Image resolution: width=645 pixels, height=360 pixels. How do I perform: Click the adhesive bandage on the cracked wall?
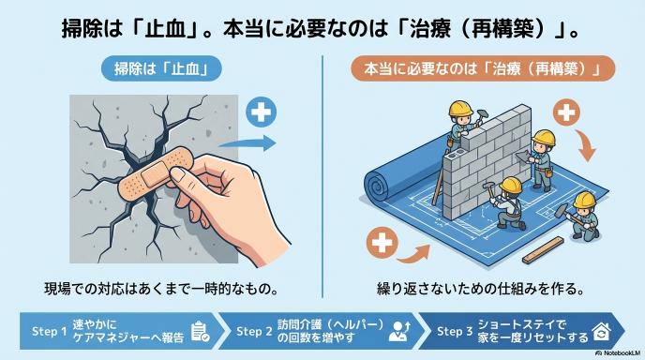(x=156, y=173)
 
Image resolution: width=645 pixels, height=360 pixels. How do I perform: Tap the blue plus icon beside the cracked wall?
(x=262, y=112)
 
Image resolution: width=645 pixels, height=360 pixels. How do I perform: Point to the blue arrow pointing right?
(x=247, y=143)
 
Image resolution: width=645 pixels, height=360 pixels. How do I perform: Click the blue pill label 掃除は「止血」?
(x=161, y=68)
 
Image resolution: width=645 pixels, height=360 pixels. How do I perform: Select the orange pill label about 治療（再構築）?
(x=483, y=68)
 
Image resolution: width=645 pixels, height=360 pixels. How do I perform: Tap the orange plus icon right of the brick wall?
(x=566, y=112)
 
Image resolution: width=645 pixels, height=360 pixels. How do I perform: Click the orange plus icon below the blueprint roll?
(x=382, y=243)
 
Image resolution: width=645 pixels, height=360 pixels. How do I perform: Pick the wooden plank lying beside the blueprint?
(x=543, y=249)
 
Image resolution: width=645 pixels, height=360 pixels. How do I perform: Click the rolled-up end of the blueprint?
(x=381, y=185)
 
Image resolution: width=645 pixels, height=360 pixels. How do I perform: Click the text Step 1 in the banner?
(x=49, y=331)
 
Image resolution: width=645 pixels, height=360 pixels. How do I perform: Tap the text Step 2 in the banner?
(x=254, y=331)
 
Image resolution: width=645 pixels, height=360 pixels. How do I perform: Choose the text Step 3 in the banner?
(x=455, y=331)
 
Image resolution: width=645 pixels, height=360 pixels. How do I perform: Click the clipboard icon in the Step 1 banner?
(x=200, y=332)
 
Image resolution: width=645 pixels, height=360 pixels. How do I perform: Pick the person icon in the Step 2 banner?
(x=399, y=332)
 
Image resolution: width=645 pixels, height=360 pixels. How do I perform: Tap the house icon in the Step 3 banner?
(x=601, y=332)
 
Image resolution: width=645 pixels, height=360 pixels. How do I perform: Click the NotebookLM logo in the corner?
(x=618, y=353)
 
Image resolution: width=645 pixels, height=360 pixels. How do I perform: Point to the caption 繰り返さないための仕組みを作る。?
(x=480, y=289)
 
